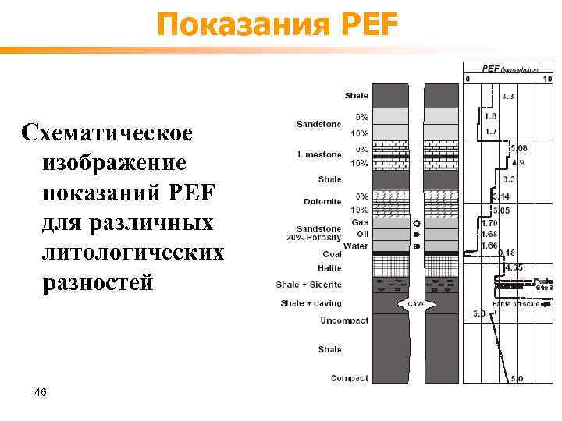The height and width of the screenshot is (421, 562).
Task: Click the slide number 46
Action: click(x=41, y=392)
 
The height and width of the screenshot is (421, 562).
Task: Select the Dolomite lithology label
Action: click(x=322, y=202)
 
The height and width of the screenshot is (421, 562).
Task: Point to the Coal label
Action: click(x=332, y=254)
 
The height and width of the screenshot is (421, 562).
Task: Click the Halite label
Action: click(x=330, y=267)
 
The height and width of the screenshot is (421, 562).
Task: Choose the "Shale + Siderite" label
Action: click(x=311, y=285)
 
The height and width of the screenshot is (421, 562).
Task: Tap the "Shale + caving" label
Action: click(x=311, y=303)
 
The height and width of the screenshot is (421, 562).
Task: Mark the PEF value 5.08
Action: click(x=518, y=147)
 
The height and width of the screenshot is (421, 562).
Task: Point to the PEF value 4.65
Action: click(x=514, y=267)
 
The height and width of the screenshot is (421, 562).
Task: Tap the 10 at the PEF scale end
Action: click(x=547, y=79)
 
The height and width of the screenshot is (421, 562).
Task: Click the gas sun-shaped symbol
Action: click(x=416, y=222)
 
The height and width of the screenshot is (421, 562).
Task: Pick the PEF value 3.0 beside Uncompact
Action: click(x=479, y=314)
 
